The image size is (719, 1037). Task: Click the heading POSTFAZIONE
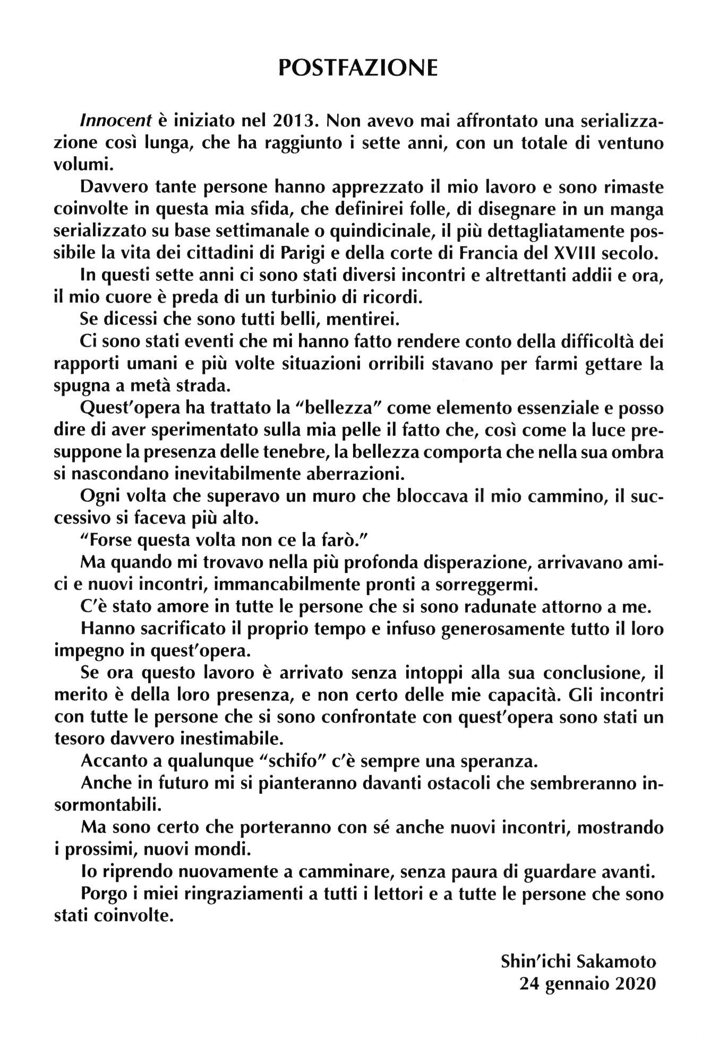click(x=358, y=68)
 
